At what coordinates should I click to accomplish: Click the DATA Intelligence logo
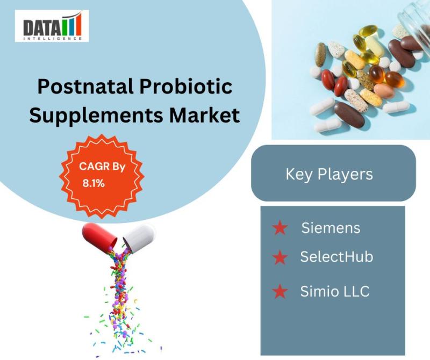[52, 26]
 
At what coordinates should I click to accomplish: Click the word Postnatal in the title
[86, 86]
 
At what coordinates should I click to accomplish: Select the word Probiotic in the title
[186, 86]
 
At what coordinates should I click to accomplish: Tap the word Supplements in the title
[96, 115]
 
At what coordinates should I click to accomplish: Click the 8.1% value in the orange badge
[94, 183]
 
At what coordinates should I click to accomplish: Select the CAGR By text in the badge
[102, 167]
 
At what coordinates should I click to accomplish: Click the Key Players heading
[329, 174]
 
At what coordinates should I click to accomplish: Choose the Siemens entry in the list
[331, 228]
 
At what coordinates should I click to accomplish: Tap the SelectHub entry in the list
[337, 257]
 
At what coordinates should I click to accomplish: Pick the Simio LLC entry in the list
[335, 291]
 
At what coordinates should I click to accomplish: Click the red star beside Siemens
[279, 228]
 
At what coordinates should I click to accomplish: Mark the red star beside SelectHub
[279, 257]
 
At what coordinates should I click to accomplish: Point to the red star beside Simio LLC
[279, 291]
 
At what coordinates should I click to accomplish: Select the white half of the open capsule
[139, 237]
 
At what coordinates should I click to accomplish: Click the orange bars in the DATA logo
[72, 24]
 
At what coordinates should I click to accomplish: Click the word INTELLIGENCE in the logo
[53, 38]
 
